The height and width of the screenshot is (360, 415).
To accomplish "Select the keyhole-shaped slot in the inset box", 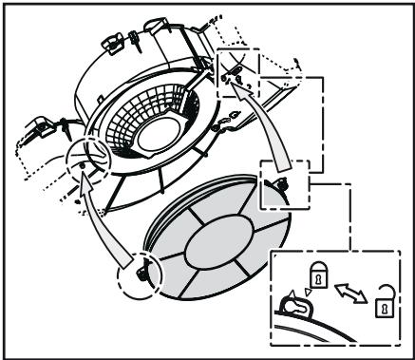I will tap(296, 306).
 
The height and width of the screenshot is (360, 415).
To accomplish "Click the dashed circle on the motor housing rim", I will tap(89, 157).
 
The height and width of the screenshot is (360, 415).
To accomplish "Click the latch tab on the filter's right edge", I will tap(282, 183).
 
